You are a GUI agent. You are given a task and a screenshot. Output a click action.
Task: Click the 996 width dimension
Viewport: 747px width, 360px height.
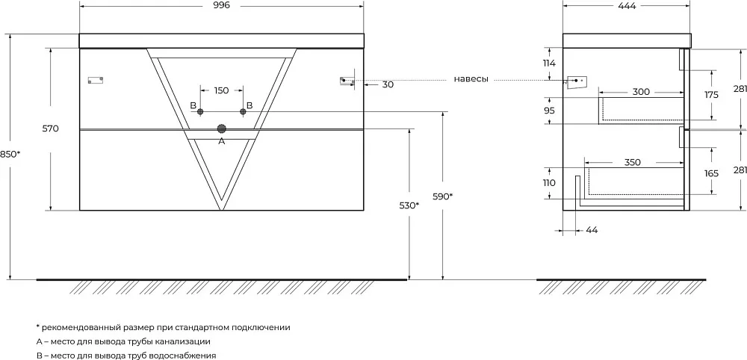222,5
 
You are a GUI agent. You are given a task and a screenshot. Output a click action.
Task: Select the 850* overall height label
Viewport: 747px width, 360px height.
10,155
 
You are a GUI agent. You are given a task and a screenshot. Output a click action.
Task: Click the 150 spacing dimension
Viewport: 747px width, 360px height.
222,90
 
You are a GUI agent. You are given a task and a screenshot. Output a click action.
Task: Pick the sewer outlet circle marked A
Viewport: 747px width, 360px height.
222,128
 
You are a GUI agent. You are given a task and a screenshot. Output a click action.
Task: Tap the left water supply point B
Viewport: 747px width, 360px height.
200,111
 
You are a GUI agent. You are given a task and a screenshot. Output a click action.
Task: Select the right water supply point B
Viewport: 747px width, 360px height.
243,111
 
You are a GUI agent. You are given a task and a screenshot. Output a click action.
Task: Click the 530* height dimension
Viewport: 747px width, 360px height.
409,205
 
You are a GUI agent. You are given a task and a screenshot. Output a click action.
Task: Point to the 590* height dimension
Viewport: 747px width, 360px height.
443,196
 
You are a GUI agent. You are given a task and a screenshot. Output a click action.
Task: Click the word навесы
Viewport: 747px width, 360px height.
471,79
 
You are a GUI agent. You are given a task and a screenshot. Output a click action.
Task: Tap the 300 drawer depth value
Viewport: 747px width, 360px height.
641,92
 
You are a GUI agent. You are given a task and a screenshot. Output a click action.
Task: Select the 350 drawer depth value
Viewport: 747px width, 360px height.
632,162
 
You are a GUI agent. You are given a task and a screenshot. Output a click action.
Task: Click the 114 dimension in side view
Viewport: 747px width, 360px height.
550,63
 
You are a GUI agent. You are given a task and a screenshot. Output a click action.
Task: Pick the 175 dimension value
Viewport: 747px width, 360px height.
711,95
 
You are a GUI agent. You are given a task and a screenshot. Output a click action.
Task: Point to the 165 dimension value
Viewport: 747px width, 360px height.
711,173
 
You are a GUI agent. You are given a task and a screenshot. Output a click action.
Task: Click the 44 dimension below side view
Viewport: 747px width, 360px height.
592,231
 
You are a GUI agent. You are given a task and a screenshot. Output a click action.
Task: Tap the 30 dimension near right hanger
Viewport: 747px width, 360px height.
388,84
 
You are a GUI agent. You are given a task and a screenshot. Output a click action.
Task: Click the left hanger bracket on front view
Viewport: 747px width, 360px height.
96,80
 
